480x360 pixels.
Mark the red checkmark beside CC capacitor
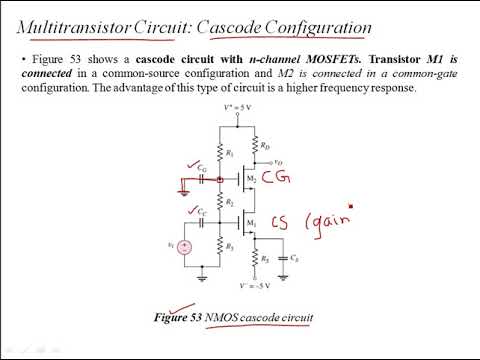tap(193, 210)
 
